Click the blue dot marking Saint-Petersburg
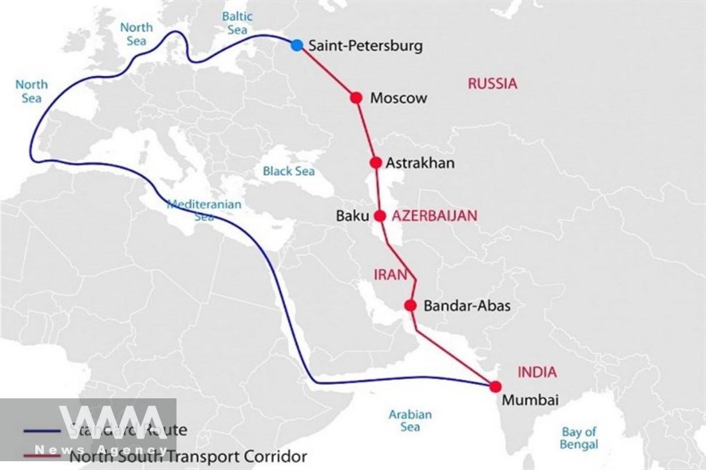click(297, 45)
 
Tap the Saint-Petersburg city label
click(365, 46)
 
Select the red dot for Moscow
click(356, 98)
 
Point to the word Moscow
click(398, 98)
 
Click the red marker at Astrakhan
click(376, 163)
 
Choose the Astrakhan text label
click(420, 163)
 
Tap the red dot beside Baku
click(380, 216)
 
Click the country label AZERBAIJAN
click(435, 216)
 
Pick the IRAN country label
click(391, 274)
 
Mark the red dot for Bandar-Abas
click(411, 305)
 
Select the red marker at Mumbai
click(495, 386)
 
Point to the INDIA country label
click(537, 372)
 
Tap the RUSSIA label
click(492, 83)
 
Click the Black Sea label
click(289, 171)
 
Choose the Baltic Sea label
click(237, 22)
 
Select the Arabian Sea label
click(410, 421)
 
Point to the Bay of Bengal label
click(579, 438)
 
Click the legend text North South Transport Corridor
click(188, 456)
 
